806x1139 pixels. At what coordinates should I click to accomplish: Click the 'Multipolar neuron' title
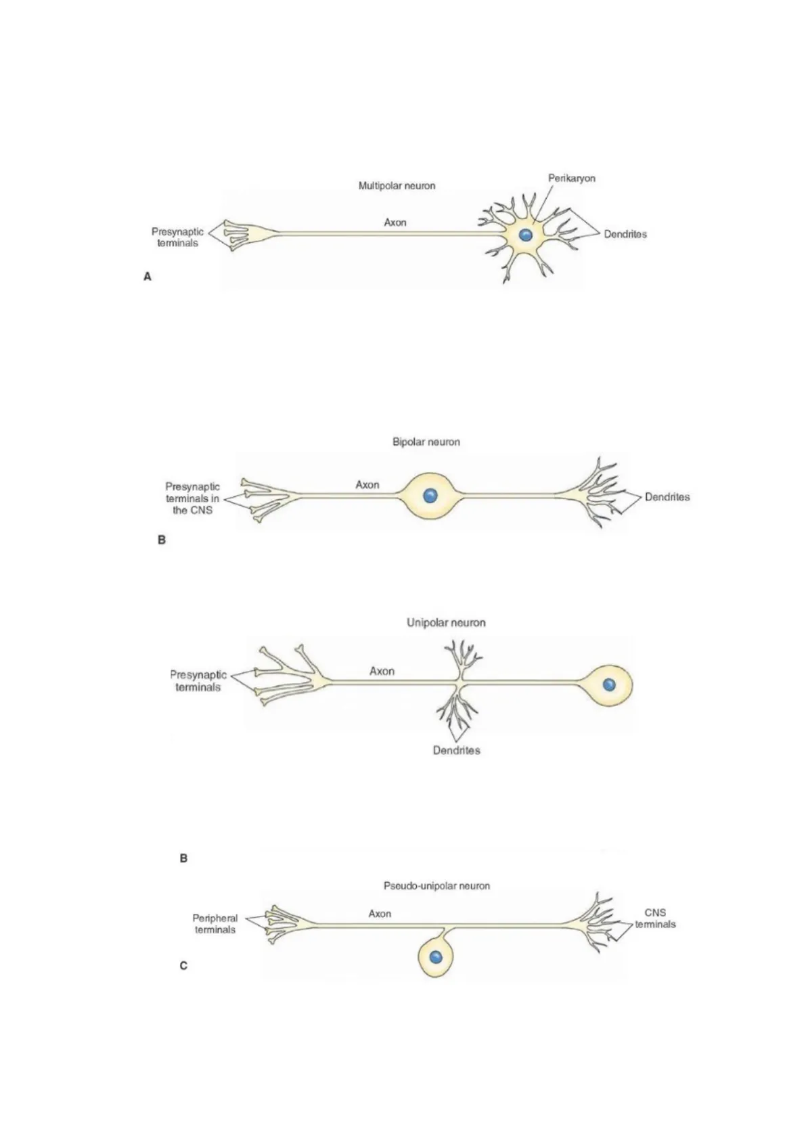pos(397,185)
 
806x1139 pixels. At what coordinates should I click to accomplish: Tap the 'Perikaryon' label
pos(571,179)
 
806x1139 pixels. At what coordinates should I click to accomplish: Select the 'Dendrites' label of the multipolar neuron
pos(625,234)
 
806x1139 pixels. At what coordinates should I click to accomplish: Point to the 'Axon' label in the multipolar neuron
pos(395,222)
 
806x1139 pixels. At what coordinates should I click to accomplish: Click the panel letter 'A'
pos(148,277)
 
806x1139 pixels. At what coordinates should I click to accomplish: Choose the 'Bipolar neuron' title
pos(426,442)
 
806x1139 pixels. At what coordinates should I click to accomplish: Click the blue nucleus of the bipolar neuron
pos(430,496)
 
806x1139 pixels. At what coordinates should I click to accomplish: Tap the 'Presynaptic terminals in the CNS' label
pos(192,498)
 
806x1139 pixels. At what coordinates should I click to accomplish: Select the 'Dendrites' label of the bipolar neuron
pos(667,497)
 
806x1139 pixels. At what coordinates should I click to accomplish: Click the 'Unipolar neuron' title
pos(446,622)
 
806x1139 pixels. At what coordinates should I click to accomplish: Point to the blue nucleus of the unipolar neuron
pos(609,684)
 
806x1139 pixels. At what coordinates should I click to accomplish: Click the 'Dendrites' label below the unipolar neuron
pos(456,750)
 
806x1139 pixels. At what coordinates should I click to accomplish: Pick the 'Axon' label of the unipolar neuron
pos(382,671)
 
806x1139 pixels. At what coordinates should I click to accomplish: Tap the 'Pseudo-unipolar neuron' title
pos(436,885)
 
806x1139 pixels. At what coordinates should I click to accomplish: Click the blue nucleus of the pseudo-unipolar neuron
pos(436,957)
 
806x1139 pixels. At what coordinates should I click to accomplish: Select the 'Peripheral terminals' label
pos(215,924)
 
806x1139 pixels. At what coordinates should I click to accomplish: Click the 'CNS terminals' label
pos(655,918)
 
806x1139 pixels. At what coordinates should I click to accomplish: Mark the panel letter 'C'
pos(183,966)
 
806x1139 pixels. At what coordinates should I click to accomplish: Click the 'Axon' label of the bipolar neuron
pos(367,484)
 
